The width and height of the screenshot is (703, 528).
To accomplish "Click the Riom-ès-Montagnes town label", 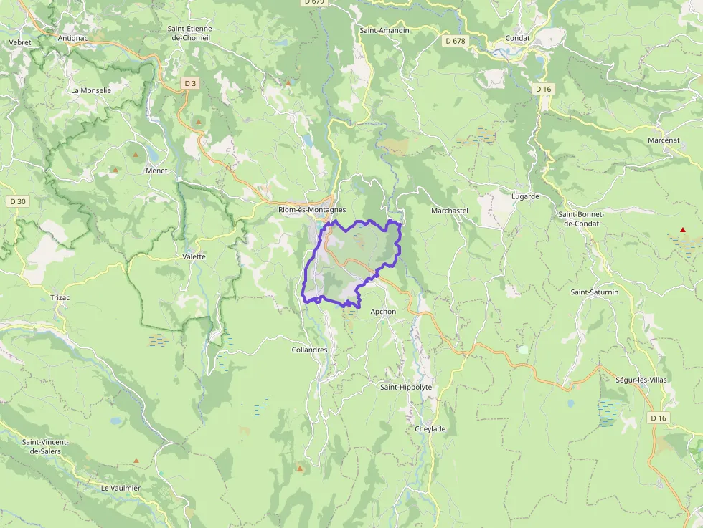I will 312,210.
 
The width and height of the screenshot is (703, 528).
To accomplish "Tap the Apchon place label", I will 383,312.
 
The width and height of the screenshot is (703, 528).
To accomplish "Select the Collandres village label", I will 309,350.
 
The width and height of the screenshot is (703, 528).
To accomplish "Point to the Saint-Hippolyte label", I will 406,387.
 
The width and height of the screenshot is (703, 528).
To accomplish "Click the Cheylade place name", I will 430,429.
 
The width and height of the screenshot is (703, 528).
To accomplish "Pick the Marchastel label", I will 449,211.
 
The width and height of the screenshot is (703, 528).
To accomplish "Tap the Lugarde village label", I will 525,196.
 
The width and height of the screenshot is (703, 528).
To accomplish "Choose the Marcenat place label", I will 663,140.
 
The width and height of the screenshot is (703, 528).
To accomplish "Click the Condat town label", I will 517,38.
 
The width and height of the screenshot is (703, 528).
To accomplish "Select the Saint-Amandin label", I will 384,30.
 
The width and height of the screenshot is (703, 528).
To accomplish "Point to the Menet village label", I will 156,171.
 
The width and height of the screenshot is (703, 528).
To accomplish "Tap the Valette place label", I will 194,256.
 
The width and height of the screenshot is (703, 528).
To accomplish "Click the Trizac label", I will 60,297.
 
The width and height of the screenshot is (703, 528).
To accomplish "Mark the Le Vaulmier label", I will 121,488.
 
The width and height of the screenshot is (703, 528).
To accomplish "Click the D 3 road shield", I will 189,84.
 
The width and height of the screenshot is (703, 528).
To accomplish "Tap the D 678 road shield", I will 455,41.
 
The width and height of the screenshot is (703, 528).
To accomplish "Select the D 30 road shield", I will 18,202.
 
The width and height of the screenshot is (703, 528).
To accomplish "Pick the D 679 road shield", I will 313,2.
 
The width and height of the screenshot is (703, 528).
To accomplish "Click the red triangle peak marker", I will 682,230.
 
